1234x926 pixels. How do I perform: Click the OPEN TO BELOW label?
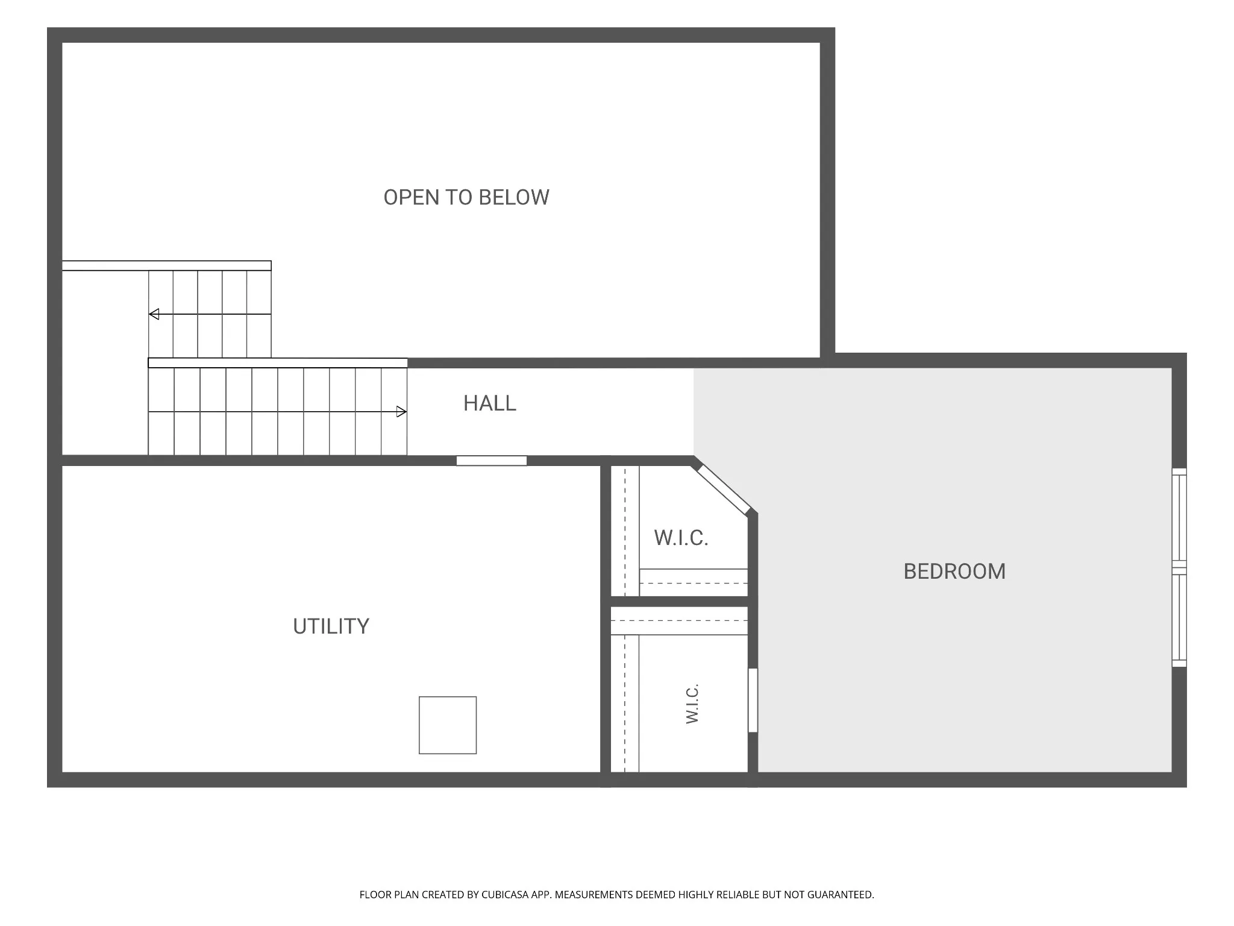[x=466, y=198]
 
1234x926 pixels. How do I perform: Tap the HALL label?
[x=490, y=403]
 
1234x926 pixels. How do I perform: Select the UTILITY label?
[x=331, y=626]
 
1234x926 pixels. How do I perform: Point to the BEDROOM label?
[x=954, y=572]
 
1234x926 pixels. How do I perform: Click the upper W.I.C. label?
[x=681, y=538]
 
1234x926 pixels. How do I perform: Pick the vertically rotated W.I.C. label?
[x=692, y=704]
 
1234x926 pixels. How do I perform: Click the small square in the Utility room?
[x=448, y=725]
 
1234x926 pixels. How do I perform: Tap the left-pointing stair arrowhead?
[x=154, y=314]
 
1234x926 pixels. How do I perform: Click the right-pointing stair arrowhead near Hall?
[x=401, y=412]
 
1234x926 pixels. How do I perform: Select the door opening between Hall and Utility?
[x=492, y=461]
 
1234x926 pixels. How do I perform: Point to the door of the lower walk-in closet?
[x=753, y=700]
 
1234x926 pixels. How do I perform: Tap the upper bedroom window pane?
[x=1179, y=518]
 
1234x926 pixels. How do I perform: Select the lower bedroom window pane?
[x=1179, y=620]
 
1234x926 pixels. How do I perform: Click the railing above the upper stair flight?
[x=166, y=266]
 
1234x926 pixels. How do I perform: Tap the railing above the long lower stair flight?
[x=278, y=363]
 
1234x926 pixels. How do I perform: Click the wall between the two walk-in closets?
[x=680, y=602]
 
